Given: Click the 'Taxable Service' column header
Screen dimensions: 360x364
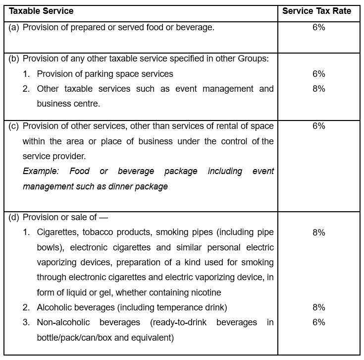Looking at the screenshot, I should (x=42, y=11).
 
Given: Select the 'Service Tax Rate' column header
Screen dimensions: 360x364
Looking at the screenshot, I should (x=316, y=11).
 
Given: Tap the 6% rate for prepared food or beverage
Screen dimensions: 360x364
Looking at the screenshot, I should (x=318, y=27).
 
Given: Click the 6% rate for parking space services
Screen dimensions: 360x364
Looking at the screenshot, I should (x=318, y=74).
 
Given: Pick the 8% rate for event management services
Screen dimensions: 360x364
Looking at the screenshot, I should (x=318, y=89).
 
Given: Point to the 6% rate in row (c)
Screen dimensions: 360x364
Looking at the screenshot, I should (x=318, y=126).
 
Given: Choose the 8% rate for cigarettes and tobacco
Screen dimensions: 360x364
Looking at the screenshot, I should (x=318, y=233).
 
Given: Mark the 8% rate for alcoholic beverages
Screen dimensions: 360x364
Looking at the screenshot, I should (x=318, y=307).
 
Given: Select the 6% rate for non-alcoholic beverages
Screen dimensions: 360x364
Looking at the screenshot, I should (x=318, y=322).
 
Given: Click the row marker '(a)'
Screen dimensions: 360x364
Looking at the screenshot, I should (x=14, y=27).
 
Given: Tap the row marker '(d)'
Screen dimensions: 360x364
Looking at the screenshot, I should (x=14, y=217).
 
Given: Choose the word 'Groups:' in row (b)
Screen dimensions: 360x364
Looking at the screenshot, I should (x=254, y=59).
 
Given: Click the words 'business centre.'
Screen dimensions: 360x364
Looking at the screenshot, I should (x=68, y=104).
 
